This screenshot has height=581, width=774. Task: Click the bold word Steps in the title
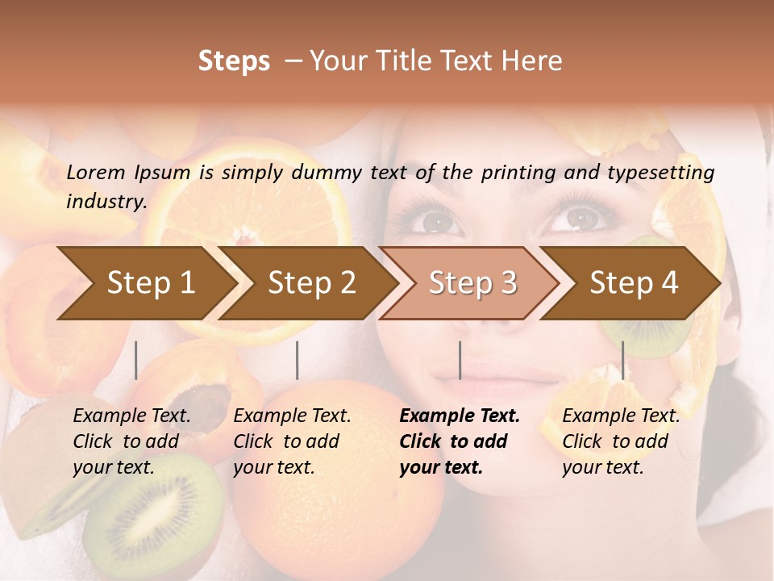click(234, 61)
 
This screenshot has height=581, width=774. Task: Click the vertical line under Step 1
click(136, 360)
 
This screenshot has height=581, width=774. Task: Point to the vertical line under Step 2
click(298, 360)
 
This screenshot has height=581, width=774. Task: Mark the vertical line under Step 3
click(460, 360)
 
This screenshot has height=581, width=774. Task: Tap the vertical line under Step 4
click(622, 360)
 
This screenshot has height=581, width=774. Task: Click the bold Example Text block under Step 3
click(460, 441)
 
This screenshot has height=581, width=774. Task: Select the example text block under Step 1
click(131, 441)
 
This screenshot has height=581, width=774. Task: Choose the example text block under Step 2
click(292, 441)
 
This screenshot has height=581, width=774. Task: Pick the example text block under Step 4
click(621, 441)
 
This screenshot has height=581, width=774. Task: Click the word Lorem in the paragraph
click(96, 172)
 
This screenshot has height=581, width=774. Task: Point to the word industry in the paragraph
click(106, 201)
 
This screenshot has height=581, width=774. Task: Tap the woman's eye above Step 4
click(580, 216)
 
